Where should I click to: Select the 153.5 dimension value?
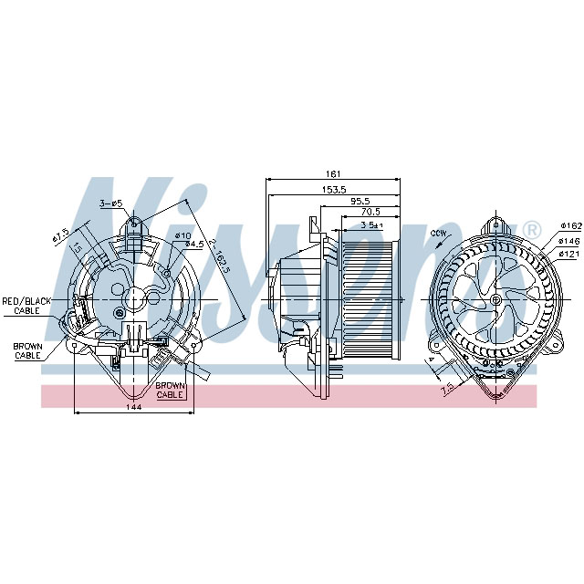pyautogui.click(x=332, y=189)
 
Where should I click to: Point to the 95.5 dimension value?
pyautogui.click(x=360, y=201)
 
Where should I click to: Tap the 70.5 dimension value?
pyautogui.click(x=370, y=212)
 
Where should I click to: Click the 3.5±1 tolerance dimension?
pyautogui.click(x=371, y=224)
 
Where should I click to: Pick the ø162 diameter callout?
pyautogui.click(x=570, y=225)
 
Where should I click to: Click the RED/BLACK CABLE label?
pyautogui.click(x=26, y=306)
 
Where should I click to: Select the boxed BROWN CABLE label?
pyautogui.click(x=171, y=391)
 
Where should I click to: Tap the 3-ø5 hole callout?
pyautogui.click(x=110, y=203)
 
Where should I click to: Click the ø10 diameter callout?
pyautogui.click(x=182, y=235)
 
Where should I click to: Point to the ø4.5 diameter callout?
pyautogui.click(x=193, y=245)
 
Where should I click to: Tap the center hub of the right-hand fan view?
pyautogui.click(x=495, y=299)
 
